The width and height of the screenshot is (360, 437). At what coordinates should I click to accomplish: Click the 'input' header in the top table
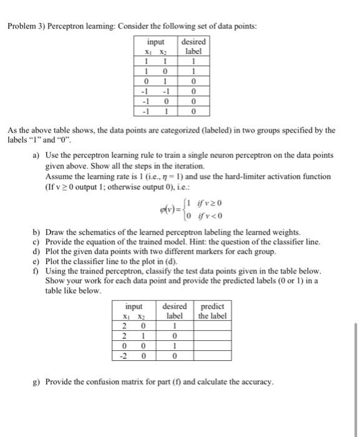point(156,41)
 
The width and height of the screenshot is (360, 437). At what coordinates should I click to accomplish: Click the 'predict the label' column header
point(212,311)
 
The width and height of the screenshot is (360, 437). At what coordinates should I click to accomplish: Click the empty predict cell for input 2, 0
point(212,325)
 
